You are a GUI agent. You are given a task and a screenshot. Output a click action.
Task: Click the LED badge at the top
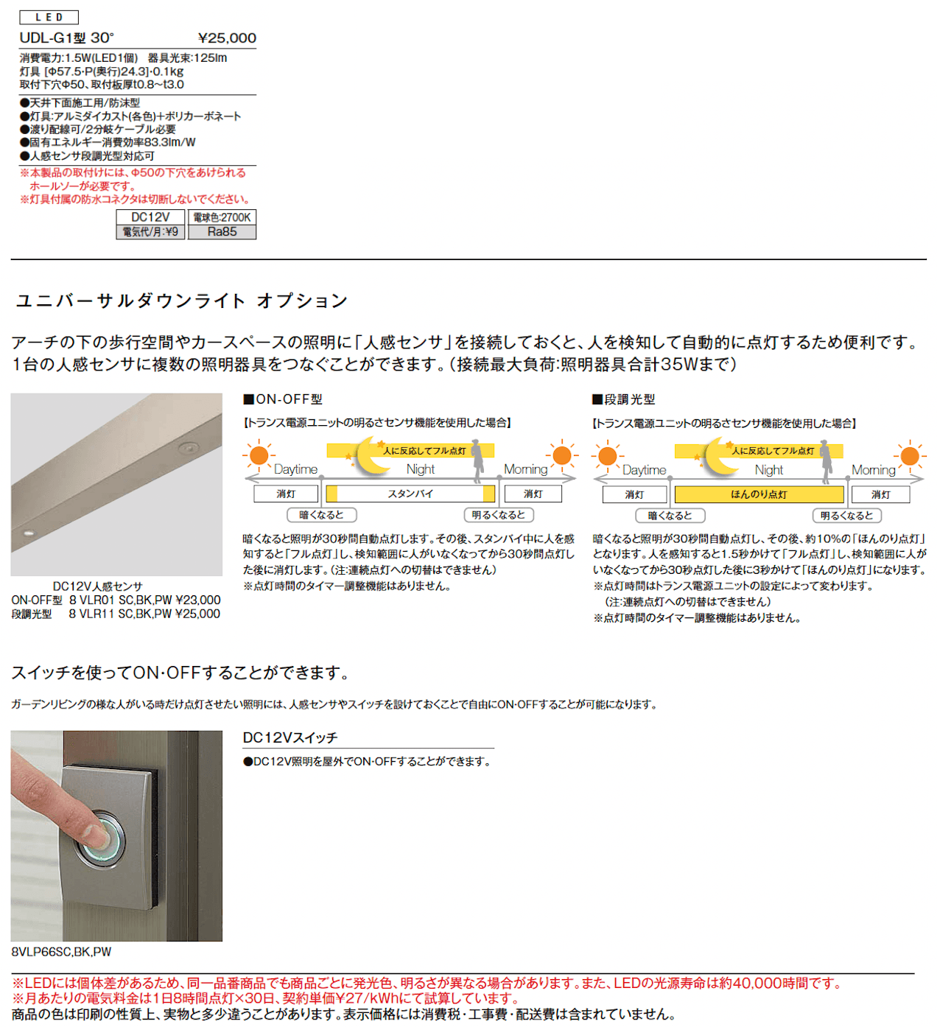click(49, 18)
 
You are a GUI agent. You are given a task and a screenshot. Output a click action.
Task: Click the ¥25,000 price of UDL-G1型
click(227, 38)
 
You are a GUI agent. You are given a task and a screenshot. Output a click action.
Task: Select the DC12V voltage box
click(150, 217)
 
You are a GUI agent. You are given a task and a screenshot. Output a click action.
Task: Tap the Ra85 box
click(222, 232)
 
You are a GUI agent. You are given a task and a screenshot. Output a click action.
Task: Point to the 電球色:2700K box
click(222, 217)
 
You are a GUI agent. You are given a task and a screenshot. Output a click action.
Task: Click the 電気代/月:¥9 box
click(150, 232)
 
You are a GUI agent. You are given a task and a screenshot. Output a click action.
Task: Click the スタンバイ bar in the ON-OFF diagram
click(410, 494)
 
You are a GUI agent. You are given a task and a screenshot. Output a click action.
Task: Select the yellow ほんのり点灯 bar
click(759, 494)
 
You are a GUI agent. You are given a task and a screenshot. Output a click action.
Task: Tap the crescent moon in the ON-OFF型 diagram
click(373, 455)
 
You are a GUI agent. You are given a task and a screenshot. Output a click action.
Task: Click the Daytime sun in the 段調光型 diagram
click(607, 455)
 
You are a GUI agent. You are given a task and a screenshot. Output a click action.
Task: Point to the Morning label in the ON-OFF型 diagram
click(525, 469)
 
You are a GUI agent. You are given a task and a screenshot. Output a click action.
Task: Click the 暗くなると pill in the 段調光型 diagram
click(670, 516)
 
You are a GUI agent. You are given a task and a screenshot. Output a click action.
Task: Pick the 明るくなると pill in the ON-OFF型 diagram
click(499, 515)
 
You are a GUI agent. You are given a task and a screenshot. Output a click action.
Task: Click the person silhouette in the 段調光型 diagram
click(825, 462)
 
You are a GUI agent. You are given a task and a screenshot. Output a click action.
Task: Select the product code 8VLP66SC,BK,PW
click(61, 952)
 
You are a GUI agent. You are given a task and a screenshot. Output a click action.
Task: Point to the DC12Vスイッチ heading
click(290, 737)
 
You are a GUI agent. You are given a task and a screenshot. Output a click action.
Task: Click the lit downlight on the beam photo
click(29, 533)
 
